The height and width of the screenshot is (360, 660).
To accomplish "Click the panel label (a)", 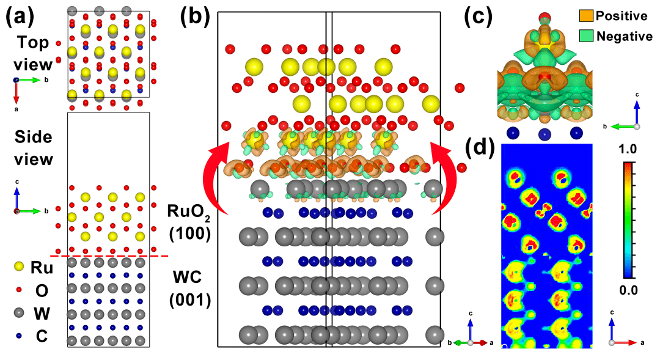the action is point(20,17).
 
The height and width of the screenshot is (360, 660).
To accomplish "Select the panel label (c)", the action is point(478,17).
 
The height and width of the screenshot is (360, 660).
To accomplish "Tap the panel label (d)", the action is point(479,147).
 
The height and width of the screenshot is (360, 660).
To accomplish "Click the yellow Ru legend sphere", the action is point(19,266).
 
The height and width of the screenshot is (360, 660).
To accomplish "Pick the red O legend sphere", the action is point(19,290).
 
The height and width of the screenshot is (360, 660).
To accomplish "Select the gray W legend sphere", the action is point(19,313).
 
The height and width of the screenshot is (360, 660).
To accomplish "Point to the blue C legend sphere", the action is point(19,336).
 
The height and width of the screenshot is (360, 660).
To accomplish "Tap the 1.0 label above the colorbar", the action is point(628,149).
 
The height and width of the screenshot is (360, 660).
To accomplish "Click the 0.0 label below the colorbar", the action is point(628,290).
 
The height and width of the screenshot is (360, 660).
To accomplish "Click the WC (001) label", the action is point(190,288).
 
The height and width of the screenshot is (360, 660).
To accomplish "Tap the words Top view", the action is point(33,53).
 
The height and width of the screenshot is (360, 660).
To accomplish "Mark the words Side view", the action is point(34,148).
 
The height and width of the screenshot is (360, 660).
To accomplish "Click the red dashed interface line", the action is point(109,255).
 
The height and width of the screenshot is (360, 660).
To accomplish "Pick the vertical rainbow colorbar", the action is point(628,220).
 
